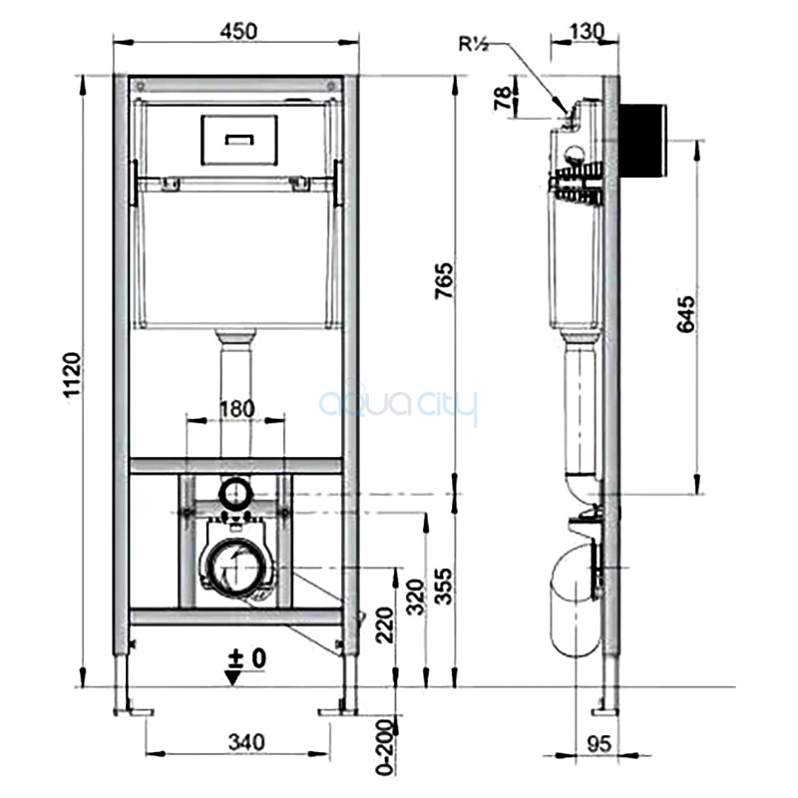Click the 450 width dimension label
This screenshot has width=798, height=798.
(x=238, y=32)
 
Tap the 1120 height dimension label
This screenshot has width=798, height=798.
(x=72, y=374)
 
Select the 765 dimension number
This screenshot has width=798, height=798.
(x=443, y=281)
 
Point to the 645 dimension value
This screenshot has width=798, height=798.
(x=685, y=314)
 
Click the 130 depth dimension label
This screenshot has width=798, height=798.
(x=587, y=32)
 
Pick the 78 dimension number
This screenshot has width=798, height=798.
(x=503, y=98)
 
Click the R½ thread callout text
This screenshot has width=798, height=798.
(x=473, y=44)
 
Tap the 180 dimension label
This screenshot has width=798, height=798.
(x=236, y=409)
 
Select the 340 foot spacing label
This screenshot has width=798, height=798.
(x=246, y=742)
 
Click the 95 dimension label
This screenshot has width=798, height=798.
(x=598, y=744)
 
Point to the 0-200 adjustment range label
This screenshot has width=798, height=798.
(x=386, y=747)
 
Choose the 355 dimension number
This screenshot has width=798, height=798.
(x=443, y=587)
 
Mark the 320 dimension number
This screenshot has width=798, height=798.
(x=416, y=597)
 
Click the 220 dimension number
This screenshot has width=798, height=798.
(x=385, y=625)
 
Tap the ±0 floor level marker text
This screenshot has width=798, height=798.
(x=247, y=658)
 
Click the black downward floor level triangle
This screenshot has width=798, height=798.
(x=233, y=678)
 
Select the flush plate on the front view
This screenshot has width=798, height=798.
(x=239, y=140)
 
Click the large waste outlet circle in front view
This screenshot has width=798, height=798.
(x=236, y=568)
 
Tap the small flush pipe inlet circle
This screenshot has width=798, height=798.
(x=236, y=492)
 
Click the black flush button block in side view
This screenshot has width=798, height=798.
(x=642, y=141)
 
